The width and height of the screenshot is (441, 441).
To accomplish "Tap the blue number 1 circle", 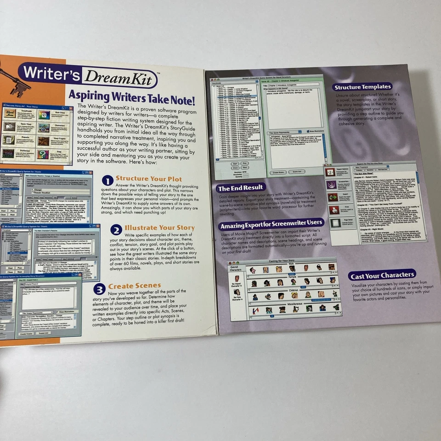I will click(x=107, y=181).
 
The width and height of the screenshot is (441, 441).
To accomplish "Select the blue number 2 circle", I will click(x=116, y=230).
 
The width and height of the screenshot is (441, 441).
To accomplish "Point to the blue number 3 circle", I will click(x=99, y=288).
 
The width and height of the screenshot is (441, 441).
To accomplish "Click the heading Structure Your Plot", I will click(x=148, y=178).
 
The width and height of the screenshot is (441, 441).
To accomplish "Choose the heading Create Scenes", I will click(x=135, y=286).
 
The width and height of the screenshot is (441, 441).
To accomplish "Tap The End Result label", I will click(x=241, y=188).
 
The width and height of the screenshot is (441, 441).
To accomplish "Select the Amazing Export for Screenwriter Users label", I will click(x=271, y=226).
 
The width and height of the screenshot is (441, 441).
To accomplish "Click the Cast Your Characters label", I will click(x=382, y=276).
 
